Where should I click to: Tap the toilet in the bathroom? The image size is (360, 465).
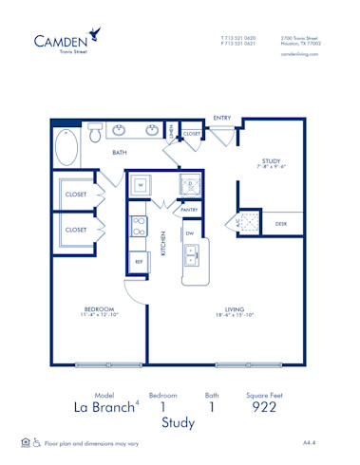[95, 134]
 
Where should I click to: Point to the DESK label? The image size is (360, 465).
[281, 224]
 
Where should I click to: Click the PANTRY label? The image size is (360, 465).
[188, 210]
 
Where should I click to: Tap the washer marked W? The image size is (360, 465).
[141, 183]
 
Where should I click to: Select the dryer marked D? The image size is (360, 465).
[188, 183]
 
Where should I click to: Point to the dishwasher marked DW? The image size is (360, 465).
[190, 232]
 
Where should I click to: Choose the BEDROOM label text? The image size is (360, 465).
[99, 310]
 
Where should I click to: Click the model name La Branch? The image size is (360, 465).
[103, 408]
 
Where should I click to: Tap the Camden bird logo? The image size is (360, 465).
[97, 36]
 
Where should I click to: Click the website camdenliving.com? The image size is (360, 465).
[300, 54]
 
